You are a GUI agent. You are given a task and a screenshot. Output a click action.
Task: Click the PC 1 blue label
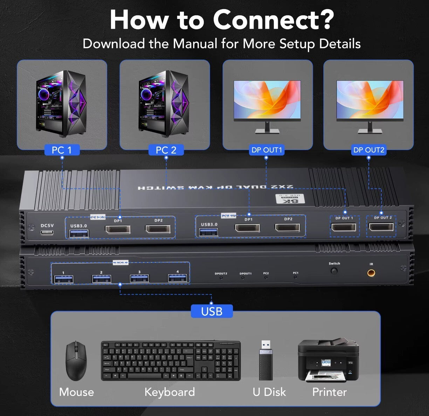tap(62, 150)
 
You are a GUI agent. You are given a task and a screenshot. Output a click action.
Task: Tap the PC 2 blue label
tap(166, 150)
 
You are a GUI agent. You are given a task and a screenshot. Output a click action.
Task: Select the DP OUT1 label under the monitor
tap(267, 150)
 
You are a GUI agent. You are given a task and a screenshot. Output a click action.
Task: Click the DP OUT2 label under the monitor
tap(368, 150)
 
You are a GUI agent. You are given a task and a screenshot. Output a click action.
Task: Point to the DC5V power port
tap(47, 232)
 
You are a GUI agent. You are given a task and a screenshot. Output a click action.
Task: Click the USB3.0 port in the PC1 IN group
tap(79, 233)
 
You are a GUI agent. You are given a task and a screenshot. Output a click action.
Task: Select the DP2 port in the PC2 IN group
tap(288, 228)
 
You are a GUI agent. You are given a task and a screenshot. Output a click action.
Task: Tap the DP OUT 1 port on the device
tap(344, 227)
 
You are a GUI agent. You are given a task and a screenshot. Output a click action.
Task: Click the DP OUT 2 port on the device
tap(381, 227)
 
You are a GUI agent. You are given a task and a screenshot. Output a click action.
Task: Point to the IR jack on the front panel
tap(371, 273)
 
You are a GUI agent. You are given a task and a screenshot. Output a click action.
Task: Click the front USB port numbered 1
tap(63, 279)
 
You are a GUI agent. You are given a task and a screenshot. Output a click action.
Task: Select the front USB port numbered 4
tap(177, 278)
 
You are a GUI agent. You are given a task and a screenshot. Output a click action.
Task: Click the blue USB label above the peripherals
tap(212, 311)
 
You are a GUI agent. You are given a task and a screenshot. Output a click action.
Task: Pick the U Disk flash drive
tap(266, 360)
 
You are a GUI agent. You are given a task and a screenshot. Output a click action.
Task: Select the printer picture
tap(328, 360)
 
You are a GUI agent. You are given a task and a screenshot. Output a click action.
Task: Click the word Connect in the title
tap(273, 20)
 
